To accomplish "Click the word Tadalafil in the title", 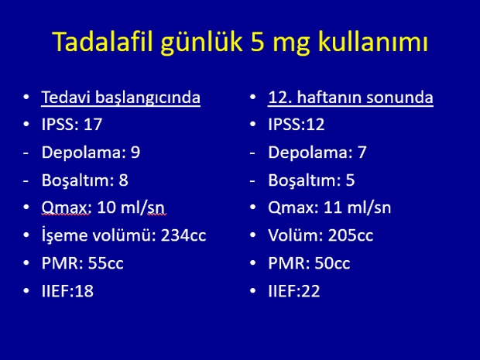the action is [102, 41].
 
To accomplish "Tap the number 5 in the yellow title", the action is [257, 42].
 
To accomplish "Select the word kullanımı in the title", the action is [372, 41].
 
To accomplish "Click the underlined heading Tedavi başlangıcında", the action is [121, 98].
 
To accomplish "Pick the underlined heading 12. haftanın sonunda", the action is [351, 98].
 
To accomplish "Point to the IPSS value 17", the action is [93, 125].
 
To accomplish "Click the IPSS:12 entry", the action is [296, 125].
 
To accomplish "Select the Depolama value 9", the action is [135, 153].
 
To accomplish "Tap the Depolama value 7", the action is [362, 153].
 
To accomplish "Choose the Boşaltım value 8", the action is [123, 180].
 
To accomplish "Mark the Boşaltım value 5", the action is [350, 180].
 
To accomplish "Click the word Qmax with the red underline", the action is [64, 208].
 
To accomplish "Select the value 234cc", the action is [183, 235].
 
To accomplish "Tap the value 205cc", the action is [351, 235].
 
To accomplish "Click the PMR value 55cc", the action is [105, 263].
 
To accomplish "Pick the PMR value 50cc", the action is [332, 263].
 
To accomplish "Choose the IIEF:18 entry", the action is [67, 291].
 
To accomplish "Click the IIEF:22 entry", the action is [294, 291].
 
